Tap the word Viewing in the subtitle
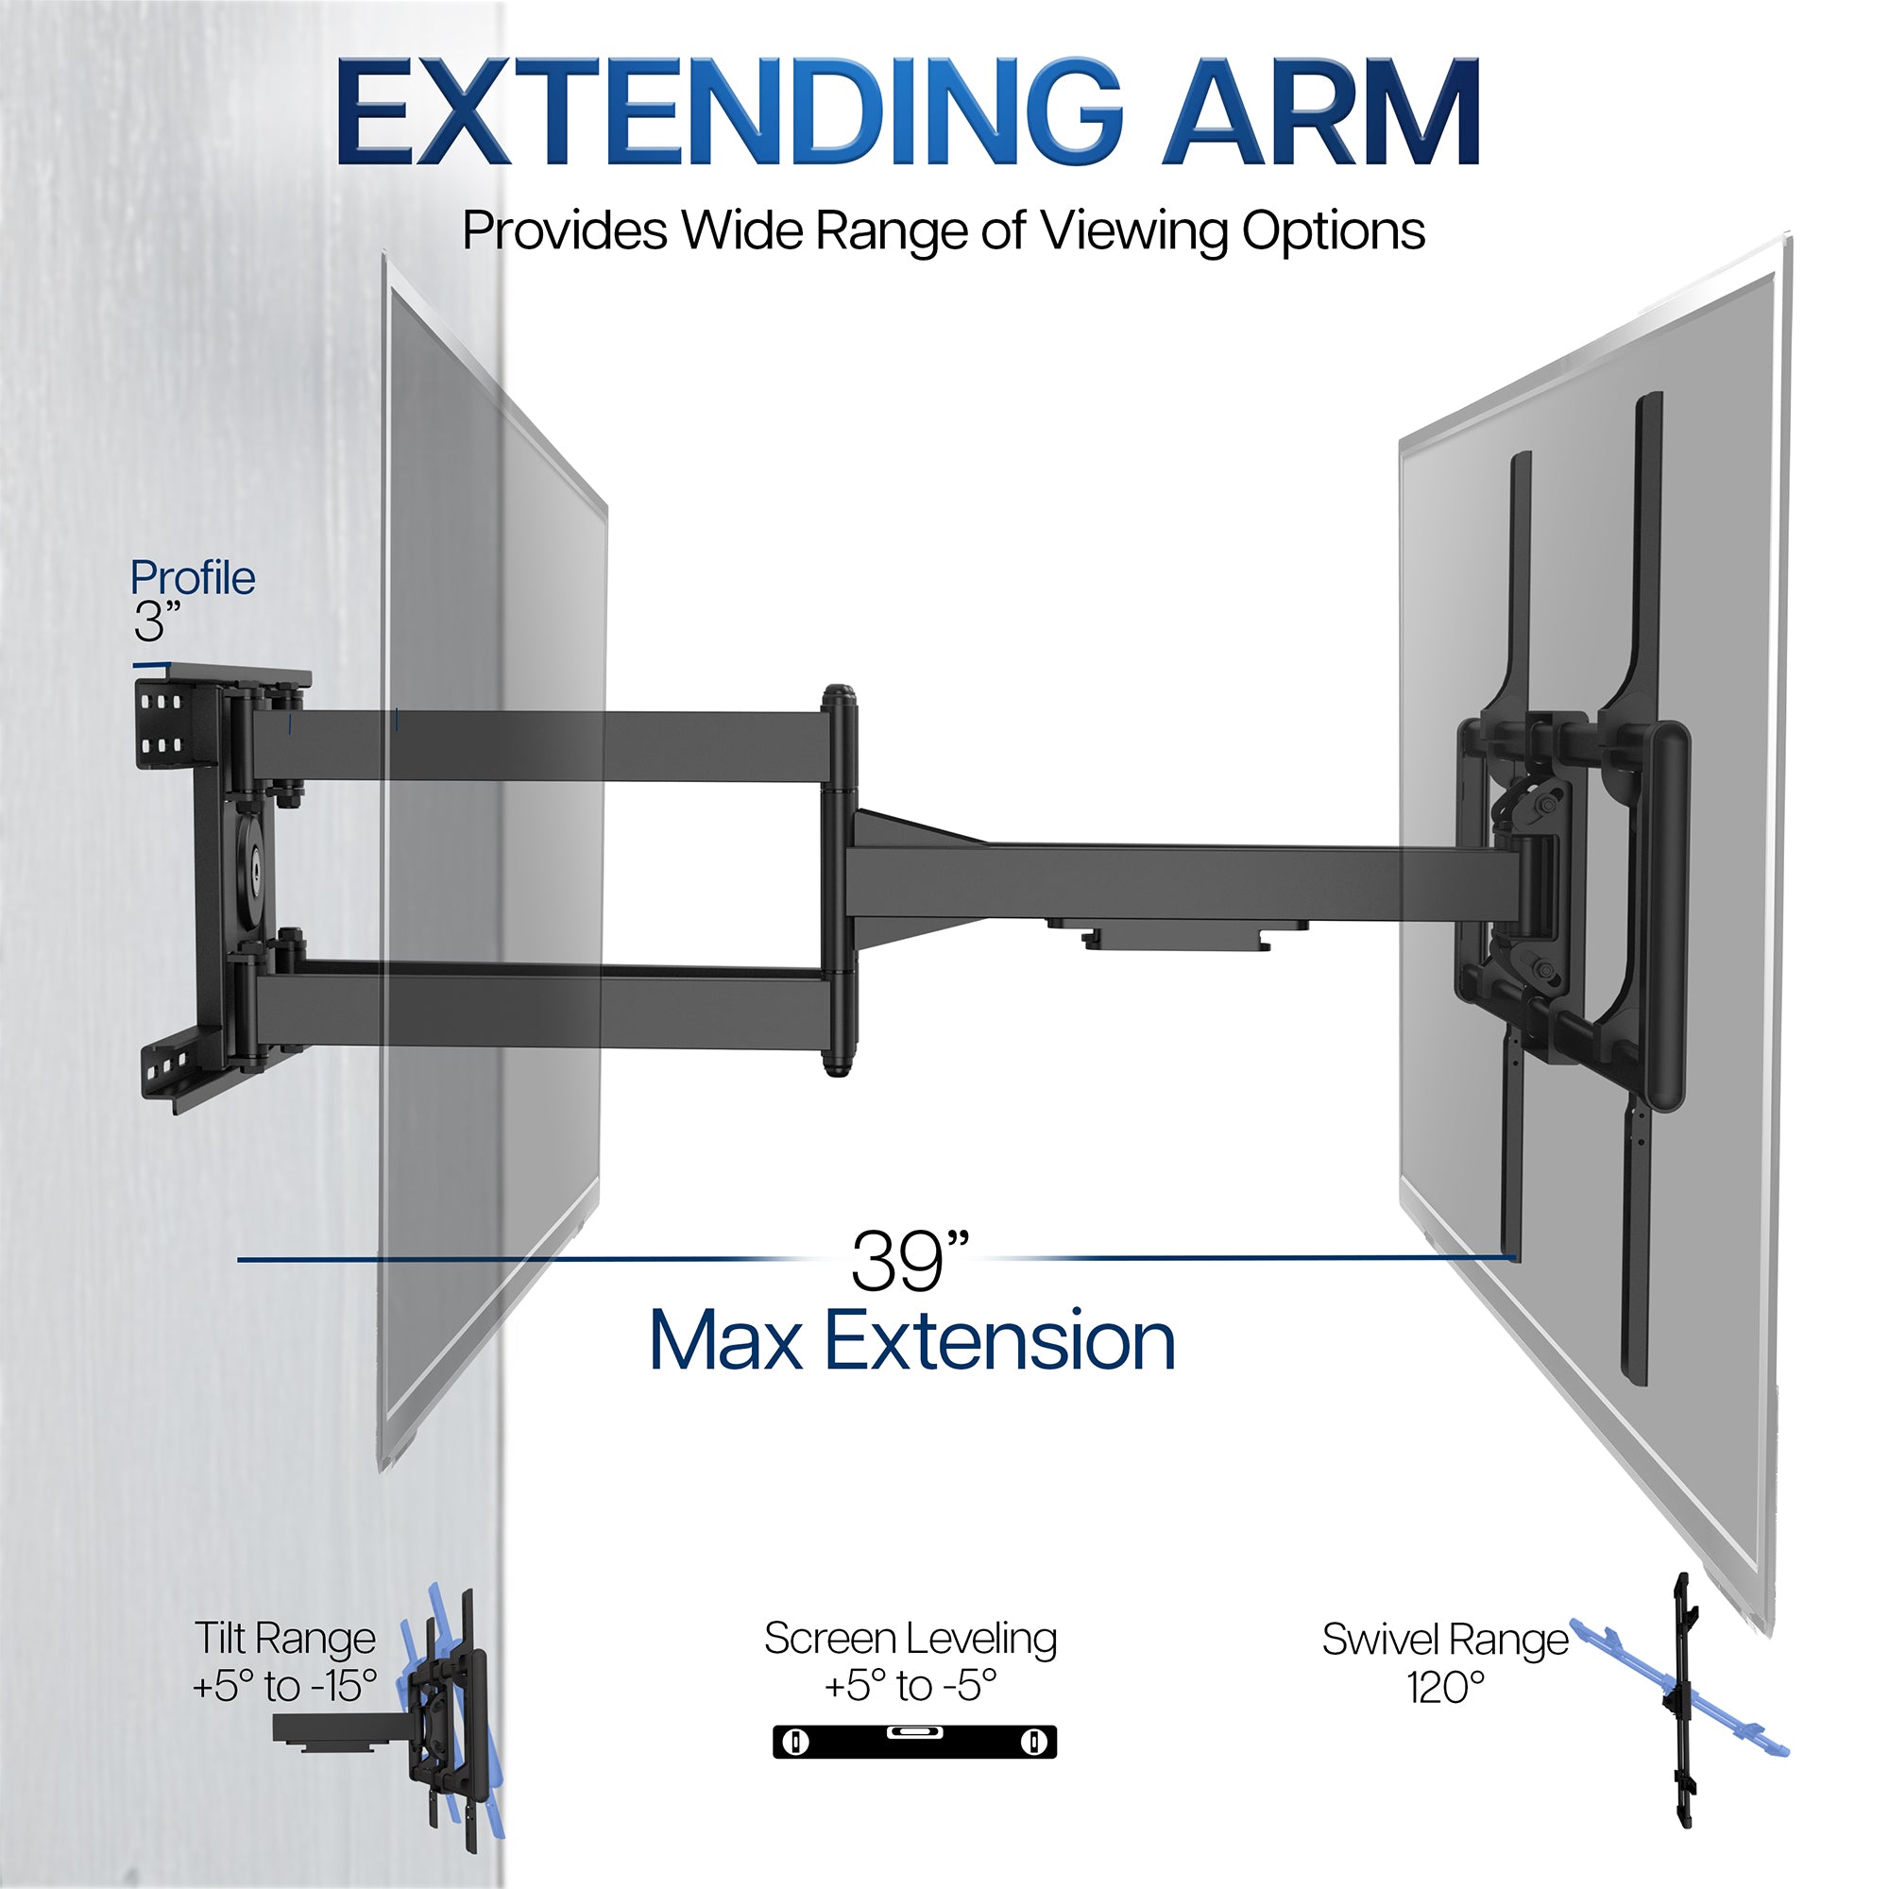coord(1134,231)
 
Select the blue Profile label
coord(193,578)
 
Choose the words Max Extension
coord(911,1341)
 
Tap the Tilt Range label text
coord(284,1638)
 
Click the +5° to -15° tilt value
coord(284,1685)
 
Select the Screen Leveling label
coord(910,1638)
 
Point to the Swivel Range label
coord(1444,1640)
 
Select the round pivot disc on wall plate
coord(251,864)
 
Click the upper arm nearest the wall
coord(537,746)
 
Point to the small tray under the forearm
coord(1176,933)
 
